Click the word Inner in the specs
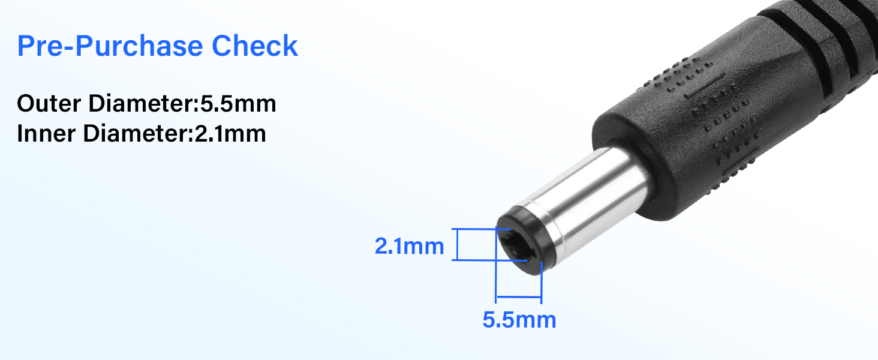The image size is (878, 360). (x=47, y=133)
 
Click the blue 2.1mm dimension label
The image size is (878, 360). (x=409, y=246)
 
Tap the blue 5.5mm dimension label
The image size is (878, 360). (x=519, y=320)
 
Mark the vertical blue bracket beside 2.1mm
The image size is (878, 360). (x=458, y=244)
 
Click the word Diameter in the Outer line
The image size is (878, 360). (x=142, y=104)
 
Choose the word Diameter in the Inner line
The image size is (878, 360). (x=136, y=133)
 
